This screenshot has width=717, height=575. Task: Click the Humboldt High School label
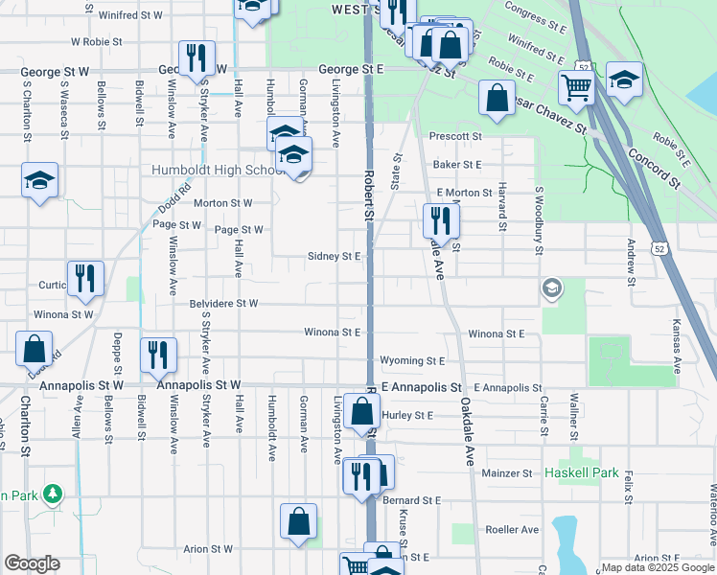pos(213,171)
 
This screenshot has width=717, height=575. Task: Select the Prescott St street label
pos(454,137)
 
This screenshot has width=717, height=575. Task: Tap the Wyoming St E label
pos(413,361)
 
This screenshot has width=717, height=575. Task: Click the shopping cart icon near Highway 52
pos(575,88)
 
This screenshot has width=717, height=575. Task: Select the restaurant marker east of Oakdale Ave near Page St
pos(441,222)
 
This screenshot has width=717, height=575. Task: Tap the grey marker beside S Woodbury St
pos(551,287)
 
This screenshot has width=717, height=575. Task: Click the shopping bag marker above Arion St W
pos(298,522)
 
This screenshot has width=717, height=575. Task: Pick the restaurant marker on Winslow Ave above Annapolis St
pos(158,355)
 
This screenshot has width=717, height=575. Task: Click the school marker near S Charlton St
pos(39,181)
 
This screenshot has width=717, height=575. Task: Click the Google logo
pos(32,563)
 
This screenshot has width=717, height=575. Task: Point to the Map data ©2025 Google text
pos(657,567)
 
